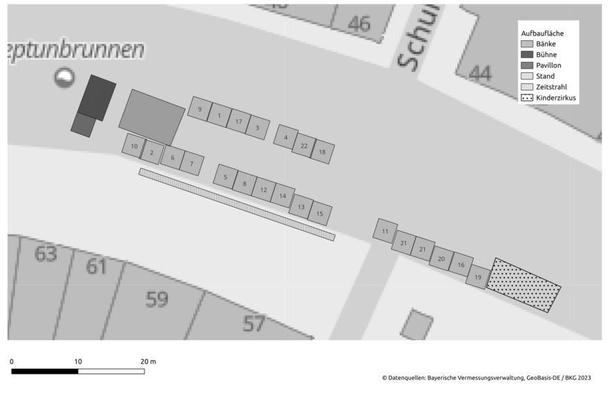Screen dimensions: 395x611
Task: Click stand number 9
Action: pos(200,109)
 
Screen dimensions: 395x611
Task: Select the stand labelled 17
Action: pos(238,121)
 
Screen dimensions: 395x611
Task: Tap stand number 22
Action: pos(304,146)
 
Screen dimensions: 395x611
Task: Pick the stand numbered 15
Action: pos(319,214)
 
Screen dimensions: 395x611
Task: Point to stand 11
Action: pos(385,231)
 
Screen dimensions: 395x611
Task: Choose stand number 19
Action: pos(477,277)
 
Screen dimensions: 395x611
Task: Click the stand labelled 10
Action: pos(134,146)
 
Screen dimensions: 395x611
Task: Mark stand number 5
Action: pos(226,177)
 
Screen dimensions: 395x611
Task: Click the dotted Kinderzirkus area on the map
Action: pos(524,285)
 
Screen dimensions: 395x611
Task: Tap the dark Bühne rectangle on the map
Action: pos(97,98)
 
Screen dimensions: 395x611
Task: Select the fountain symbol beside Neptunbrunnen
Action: pos(65,77)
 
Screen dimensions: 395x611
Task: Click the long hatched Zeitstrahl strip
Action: pos(236,204)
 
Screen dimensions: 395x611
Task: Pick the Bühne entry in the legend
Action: pos(546,54)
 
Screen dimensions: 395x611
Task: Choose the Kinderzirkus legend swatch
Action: pos(528,98)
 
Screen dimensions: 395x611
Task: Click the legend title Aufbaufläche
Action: pos(542,33)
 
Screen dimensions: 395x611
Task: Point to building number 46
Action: pos(359,24)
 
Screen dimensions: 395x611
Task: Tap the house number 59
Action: pos(157,299)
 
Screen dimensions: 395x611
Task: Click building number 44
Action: pos(480,72)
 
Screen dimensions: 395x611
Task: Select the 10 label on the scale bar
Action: pos(78,362)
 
